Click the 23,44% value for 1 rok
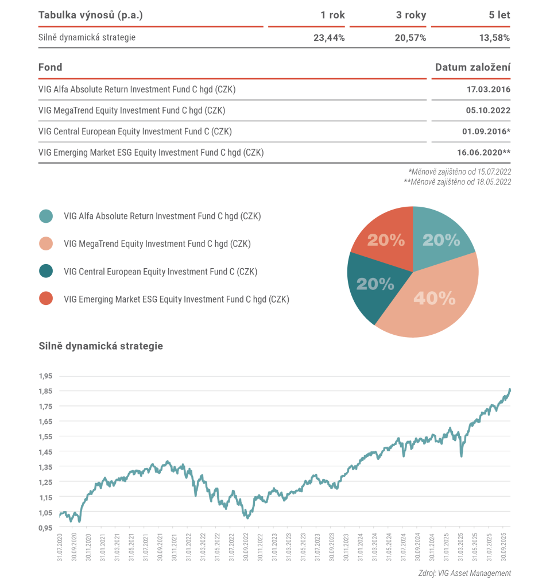pos(328,38)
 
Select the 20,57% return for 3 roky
pos(410,38)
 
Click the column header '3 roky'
pos(411,16)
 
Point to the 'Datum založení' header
pos(472,67)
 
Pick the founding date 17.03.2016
pos(489,90)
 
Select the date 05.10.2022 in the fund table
pos(489,111)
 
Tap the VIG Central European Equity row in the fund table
pos(135,131)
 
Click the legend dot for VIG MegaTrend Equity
pos(46,243)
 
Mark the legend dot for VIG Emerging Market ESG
pos(46,299)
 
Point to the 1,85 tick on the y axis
pos(45,391)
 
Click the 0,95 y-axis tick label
pos(45,527)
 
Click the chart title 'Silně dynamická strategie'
pos(100,346)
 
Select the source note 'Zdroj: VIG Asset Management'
pos(464,573)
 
